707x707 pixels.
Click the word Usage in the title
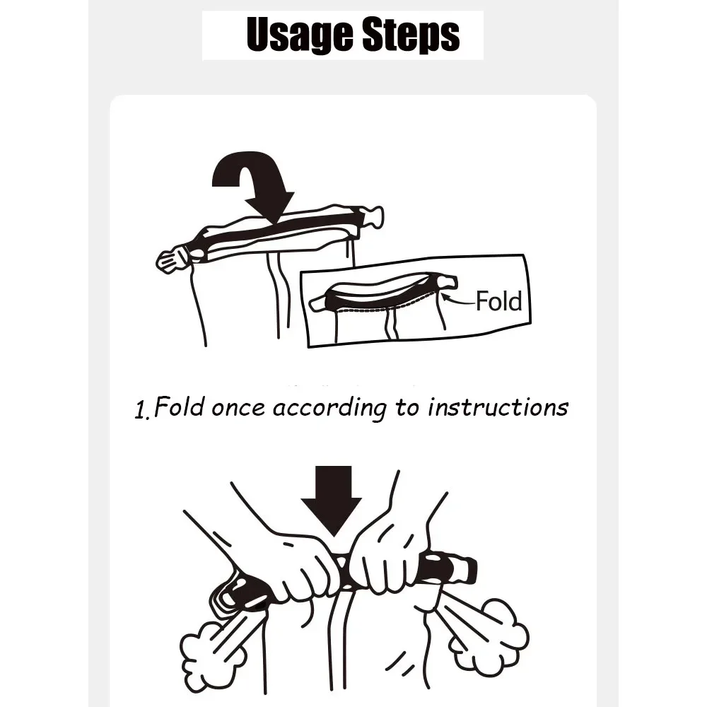pos(300,35)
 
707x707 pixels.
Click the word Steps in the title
pos(411,35)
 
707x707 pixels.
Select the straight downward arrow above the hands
pos(332,501)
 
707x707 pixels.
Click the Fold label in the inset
pos(499,301)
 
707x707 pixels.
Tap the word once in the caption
pos(238,409)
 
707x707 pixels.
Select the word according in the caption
pos(329,409)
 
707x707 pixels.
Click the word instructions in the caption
pos(498,407)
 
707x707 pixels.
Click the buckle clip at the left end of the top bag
pos(174,259)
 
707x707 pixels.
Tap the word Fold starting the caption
pos(179,407)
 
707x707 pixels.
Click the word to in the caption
pos(408,408)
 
